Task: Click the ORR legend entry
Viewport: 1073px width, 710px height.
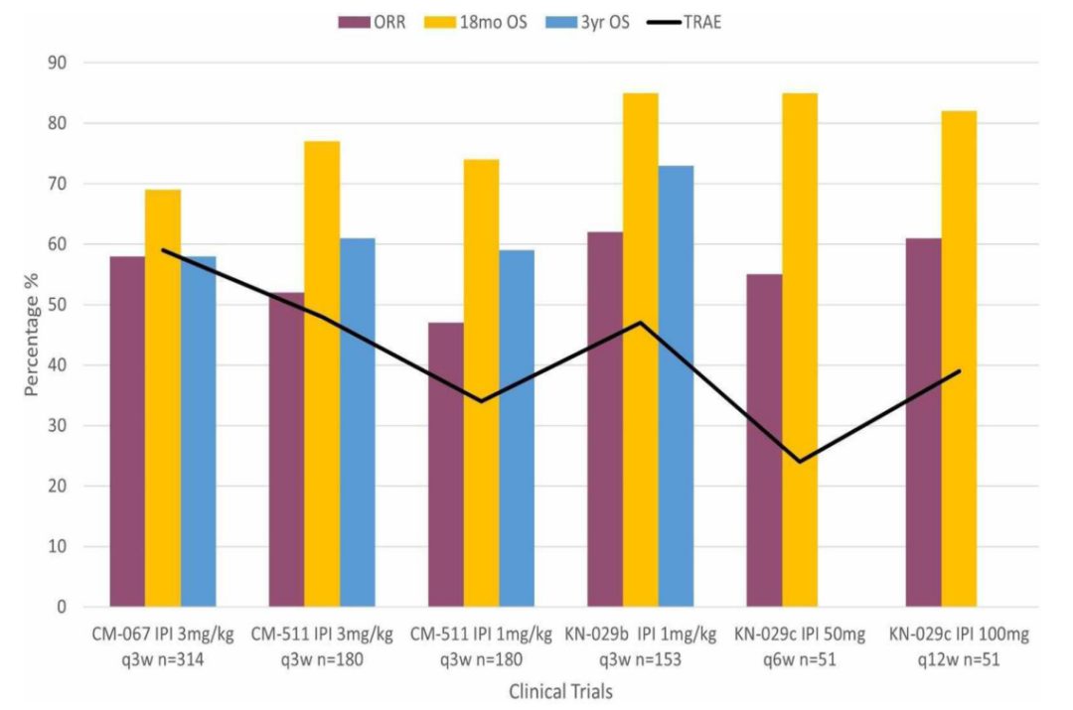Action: [x=373, y=23]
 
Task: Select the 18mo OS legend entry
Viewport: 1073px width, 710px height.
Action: [x=476, y=23]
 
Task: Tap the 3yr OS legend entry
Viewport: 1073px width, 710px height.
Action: [x=588, y=23]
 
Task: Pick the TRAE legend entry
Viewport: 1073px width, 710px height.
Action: [x=684, y=23]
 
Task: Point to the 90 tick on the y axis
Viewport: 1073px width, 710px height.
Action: [x=58, y=63]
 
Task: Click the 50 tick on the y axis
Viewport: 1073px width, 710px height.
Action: [x=58, y=305]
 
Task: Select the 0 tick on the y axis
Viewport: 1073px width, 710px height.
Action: [x=63, y=607]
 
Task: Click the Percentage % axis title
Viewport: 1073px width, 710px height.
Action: [x=32, y=335]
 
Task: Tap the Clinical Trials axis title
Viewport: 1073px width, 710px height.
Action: [x=560, y=691]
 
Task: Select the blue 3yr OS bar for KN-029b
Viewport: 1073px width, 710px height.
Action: [x=677, y=386]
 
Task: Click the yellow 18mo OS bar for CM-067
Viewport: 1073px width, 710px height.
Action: [x=163, y=398]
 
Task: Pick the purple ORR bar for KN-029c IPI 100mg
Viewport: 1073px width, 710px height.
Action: [x=924, y=423]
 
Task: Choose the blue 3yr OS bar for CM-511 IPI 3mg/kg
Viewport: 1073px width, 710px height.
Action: [x=358, y=423]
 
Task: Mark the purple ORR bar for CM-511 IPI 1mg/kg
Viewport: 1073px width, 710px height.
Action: [x=446, y=465]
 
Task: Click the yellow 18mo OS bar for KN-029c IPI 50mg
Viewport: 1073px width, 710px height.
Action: [x=800, y=351]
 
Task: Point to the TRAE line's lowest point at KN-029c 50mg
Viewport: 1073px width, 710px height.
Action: [x=800, y=462]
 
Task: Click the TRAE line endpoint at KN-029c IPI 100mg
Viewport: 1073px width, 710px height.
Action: [x=960, y=371]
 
